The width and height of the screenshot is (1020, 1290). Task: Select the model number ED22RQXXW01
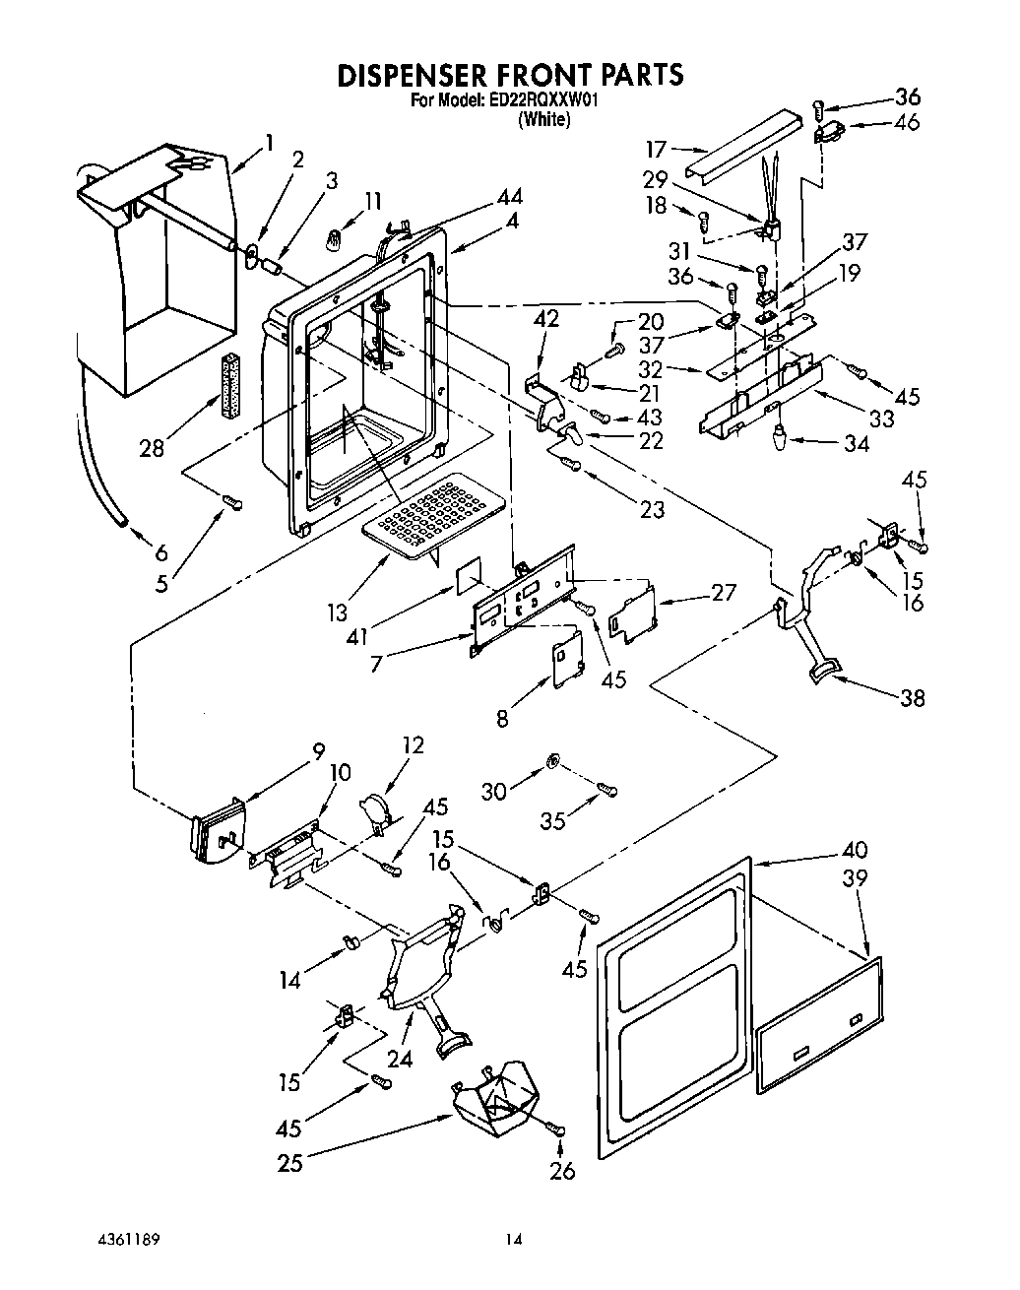point(544,100)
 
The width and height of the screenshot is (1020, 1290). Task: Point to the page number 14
point(512,1239)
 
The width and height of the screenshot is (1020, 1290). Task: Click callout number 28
point(152,448)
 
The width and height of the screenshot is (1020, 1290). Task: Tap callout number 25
point(289,1163)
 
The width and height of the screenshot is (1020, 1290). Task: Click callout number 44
point(510,197)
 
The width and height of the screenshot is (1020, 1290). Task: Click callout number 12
point(413,745)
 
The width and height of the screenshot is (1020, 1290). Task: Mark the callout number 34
point(856,444)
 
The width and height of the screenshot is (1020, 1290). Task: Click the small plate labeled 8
point(564,666)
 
